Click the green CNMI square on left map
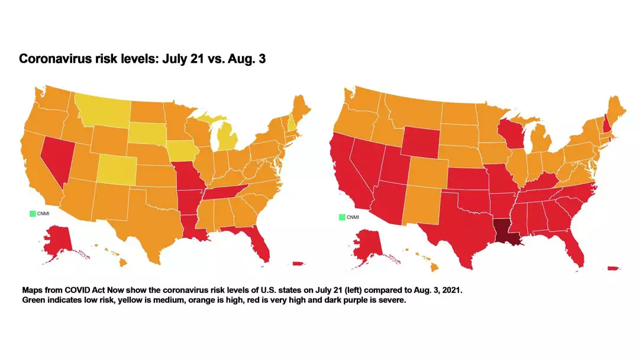pos(33,213)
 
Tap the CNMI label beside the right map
pos(353,217)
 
